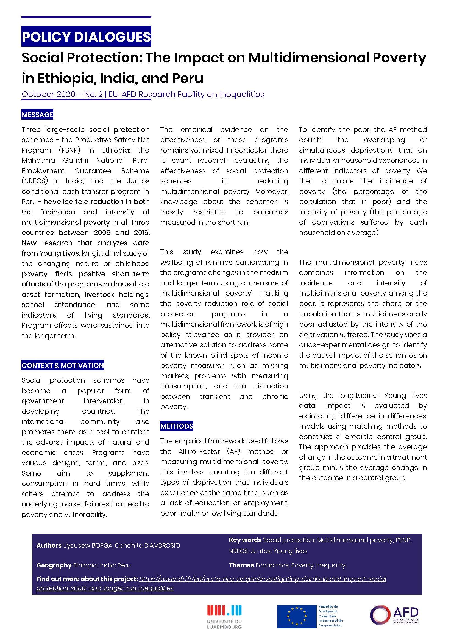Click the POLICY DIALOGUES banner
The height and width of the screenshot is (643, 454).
86,37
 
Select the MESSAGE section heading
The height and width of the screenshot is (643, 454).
37,115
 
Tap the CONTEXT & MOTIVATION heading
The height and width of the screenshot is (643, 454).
63,365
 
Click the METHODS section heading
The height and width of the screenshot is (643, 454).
177,426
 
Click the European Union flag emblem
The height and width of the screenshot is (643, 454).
297,616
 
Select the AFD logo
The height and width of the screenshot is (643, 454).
394,615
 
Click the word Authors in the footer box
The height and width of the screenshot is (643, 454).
49,545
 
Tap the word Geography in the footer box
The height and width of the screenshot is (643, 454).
54,565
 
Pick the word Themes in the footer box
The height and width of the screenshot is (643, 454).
241,565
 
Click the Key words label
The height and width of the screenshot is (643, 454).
245,540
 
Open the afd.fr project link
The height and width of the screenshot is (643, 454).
211,579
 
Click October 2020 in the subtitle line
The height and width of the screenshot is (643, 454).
48,94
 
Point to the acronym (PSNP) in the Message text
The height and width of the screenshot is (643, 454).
70,150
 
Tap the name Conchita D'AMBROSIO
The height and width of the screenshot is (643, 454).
147,545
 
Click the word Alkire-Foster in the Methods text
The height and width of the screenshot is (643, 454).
199,451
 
